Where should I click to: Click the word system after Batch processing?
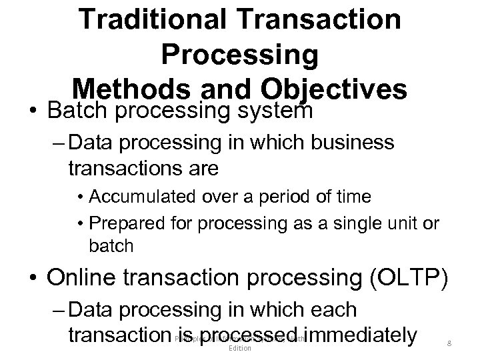click(275, 109)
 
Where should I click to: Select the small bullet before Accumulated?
click(79, 197)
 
